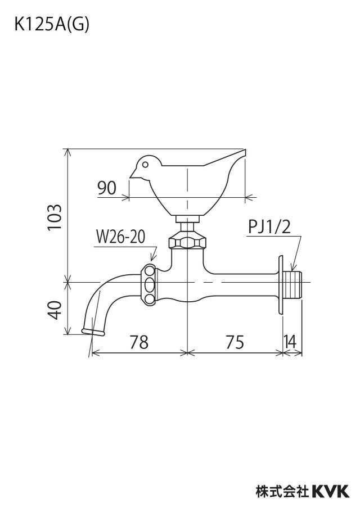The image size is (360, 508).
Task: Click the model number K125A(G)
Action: click(52, 25)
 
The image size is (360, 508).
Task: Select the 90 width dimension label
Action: click(107, 188)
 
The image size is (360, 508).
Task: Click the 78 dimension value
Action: click(139, 342)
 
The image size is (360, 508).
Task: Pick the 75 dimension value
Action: click(235, 342)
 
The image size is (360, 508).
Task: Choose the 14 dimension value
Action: click(290, 342)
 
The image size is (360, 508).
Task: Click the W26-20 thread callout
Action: click(120, 237)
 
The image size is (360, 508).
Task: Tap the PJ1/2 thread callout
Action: click(269, 227)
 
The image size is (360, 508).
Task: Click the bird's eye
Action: click(145, 165)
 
